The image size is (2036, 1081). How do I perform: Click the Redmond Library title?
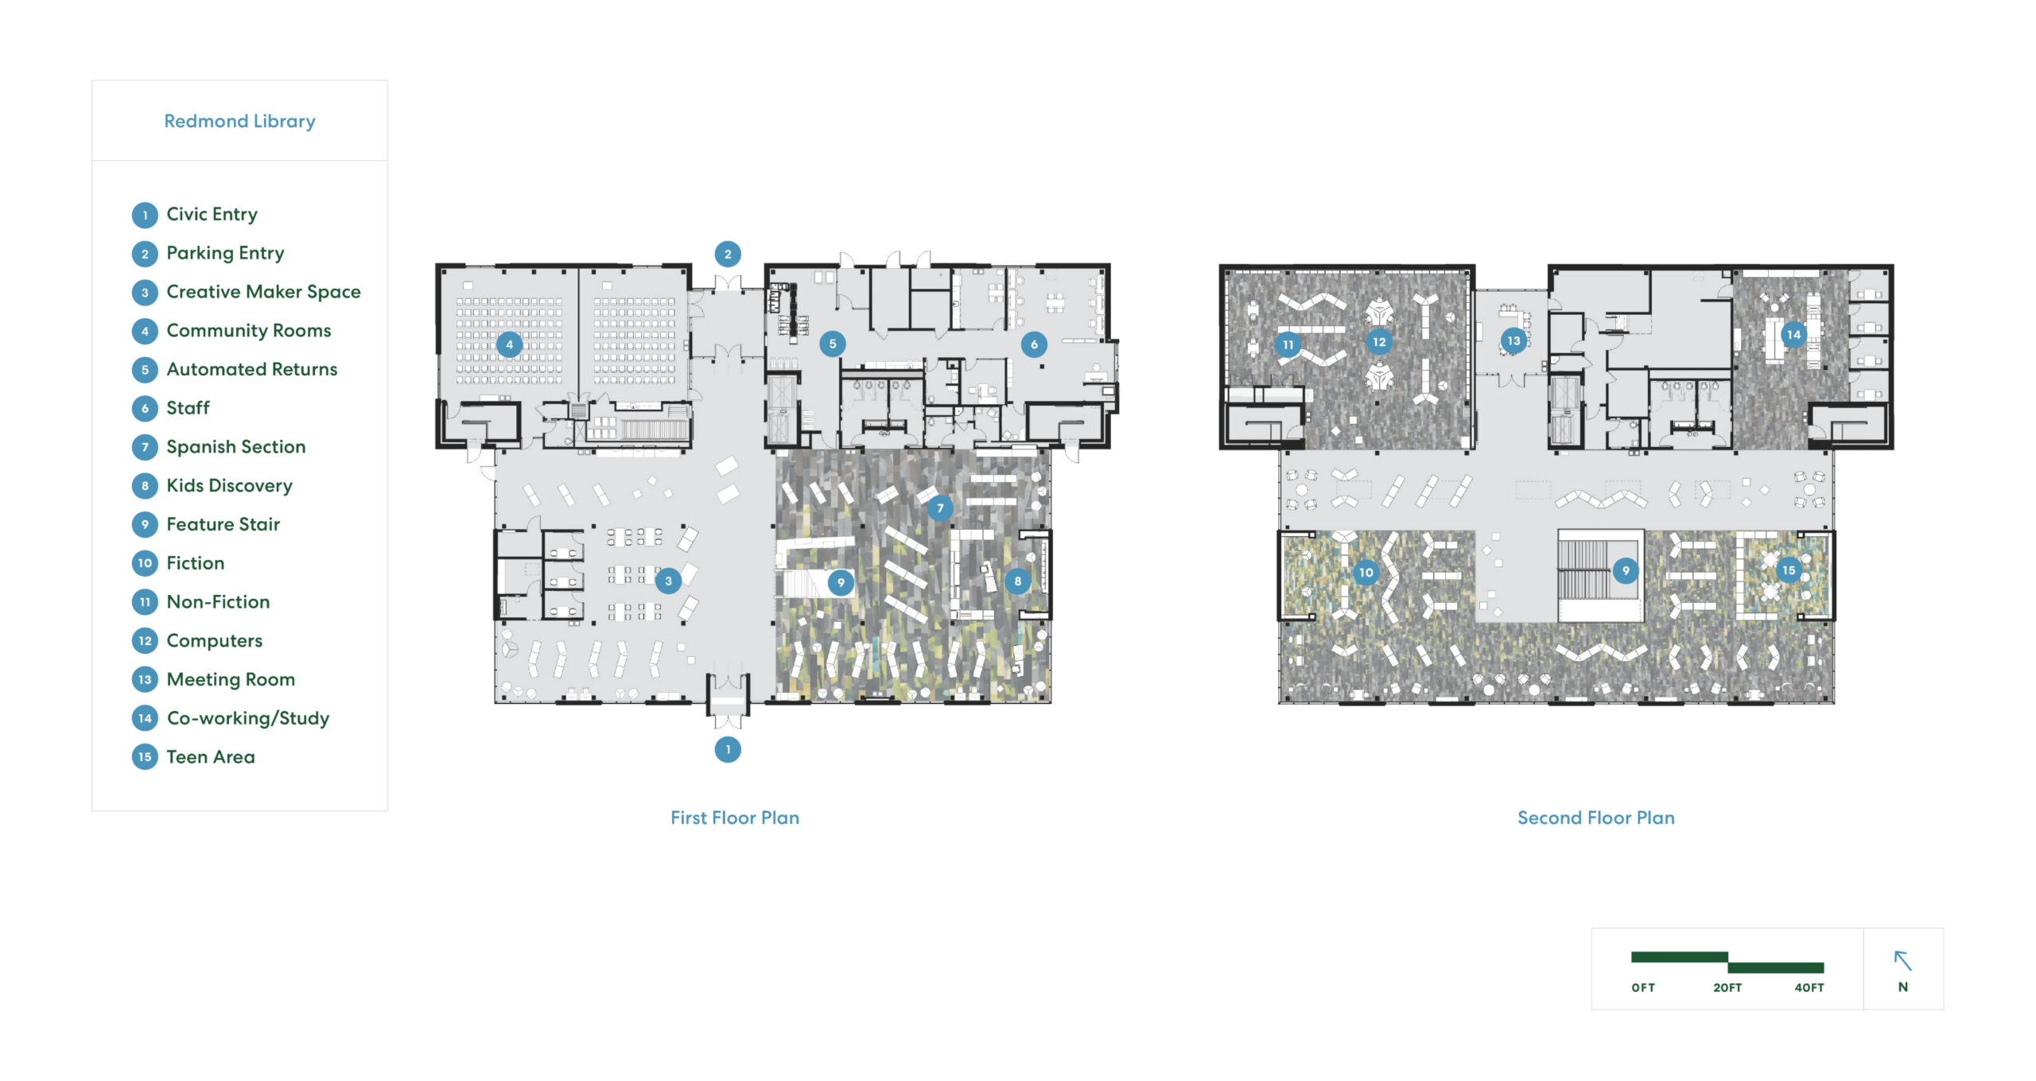(239, 121)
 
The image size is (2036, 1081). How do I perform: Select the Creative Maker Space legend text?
(263, 292)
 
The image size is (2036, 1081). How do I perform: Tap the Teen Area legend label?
(211, 756)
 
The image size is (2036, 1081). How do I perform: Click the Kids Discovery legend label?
(229, 485)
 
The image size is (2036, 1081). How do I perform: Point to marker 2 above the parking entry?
(728, 255)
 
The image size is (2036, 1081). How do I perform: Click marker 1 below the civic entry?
(728, 749)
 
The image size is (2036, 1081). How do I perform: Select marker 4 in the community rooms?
(510, 344)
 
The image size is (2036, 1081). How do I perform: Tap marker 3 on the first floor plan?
(668, 581)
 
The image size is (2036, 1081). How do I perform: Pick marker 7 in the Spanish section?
(940, 507)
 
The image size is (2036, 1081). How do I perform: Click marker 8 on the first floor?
(1017, 581)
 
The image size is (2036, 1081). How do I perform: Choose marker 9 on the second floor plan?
(1626, 570)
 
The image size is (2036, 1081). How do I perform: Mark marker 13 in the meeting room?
(1513, 340)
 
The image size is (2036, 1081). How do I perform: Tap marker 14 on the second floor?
(1793, 335)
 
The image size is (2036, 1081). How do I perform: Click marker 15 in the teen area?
(1789, 570)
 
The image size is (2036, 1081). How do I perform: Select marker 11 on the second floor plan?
(1288, 344)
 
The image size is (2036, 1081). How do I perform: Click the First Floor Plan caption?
(735, 818)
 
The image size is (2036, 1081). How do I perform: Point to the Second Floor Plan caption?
(1596, 818)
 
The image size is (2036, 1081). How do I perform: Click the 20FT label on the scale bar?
(1727, 987)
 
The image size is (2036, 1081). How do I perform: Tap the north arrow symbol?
(1902, 960)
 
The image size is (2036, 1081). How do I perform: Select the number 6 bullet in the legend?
(145, 409)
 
